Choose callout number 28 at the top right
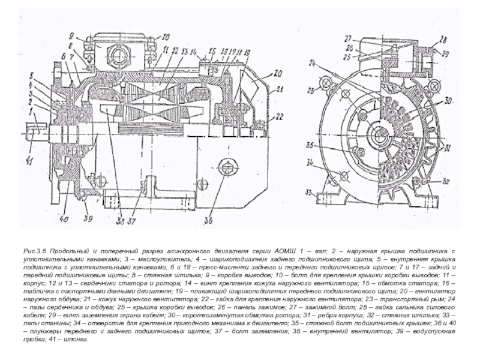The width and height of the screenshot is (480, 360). (443, 40)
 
